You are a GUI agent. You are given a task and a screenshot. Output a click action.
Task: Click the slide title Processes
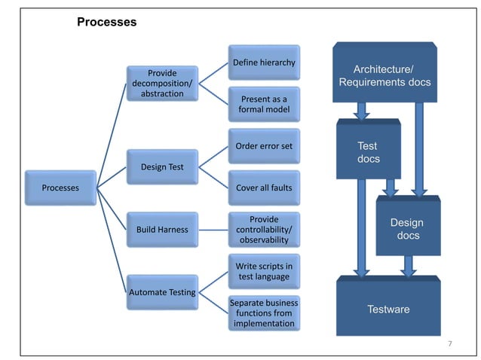[x=106, y=23]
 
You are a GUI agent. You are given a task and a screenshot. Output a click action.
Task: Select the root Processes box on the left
[x=60, y=188]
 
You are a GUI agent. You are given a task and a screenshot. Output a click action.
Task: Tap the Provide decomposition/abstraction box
[x=161, y=84]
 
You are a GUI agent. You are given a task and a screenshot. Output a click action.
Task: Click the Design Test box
[x=161, y=166]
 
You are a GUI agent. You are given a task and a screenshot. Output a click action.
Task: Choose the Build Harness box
[x=161, y=228]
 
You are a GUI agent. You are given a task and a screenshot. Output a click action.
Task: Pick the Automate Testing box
[x=161, y=291]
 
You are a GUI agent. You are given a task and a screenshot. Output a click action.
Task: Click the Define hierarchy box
[x=263, y=62]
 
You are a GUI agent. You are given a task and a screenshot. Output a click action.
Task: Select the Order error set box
[x=263, y=146]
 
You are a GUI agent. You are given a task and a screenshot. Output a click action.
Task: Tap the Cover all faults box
[x=263, y=188]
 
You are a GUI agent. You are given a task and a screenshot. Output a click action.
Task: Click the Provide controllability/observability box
[x=263, y=229]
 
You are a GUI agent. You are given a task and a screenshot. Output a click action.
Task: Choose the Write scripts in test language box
[x=263, y=271]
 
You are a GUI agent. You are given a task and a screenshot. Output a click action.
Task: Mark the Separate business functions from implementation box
[x=263, y=313]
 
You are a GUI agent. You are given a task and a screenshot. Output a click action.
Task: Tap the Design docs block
[x=407, y=229]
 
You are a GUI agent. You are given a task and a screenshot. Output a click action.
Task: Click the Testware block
[x=388, y=309]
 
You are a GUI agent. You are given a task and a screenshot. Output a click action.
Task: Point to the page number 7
[x=450, y=344]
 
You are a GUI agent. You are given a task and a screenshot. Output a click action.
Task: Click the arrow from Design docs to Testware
[x=409, y=265]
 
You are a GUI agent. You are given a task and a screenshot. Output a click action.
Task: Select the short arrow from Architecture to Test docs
[x=362, y=111]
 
